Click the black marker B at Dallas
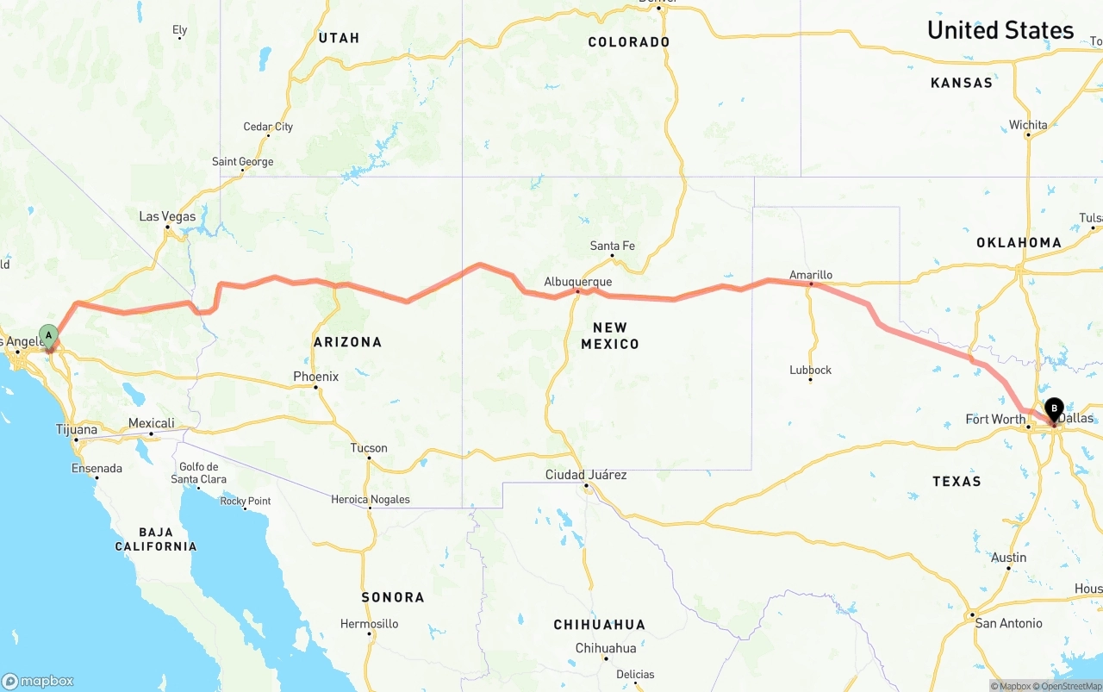[x=1054, y=408]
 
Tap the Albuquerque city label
[x=578, y=282]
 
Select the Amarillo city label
[x=811, y=275]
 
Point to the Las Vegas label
[x=167, y=216]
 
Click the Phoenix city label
[x=315, y=377]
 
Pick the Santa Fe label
[x=612, y=246]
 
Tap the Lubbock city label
[x=810, y=370]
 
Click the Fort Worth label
[x=995, y=420]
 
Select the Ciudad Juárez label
[x=586, y=475]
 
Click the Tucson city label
[x=369, y=448]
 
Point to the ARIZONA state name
[x=347, y=342]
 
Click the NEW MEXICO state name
[x=610, y=335]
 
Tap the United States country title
[x=1000, y=30]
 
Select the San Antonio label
[x=1008, y=623]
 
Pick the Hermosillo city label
[x=369, y=623]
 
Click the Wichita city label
[x=1028, y=125]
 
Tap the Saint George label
[x=242, y=162]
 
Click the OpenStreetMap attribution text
[x=1071, y=686]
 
